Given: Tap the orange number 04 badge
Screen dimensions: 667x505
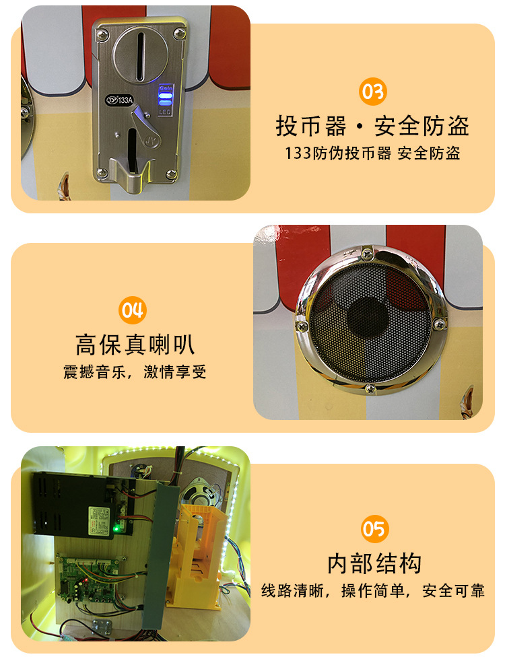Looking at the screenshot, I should (132, 310).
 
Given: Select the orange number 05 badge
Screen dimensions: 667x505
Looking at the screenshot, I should (374, 529).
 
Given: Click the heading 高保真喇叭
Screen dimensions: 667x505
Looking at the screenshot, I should (135, 345).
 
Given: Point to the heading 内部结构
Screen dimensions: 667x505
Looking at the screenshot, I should (374, 563).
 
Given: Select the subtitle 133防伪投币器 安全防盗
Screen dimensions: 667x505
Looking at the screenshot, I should (372, 153).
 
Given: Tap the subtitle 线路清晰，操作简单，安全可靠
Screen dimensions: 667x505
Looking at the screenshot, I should (373, 591).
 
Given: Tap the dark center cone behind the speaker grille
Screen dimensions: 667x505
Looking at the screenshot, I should (367, 322).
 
